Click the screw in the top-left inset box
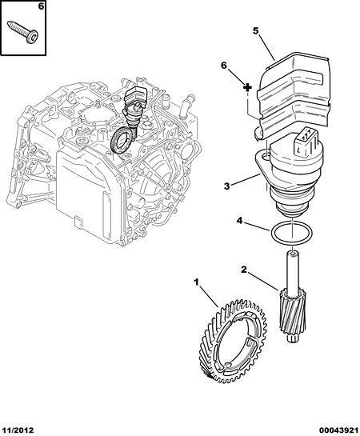23,32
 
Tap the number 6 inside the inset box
41,6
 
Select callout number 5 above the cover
256,30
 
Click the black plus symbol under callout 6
247,87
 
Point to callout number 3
227,186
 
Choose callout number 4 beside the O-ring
240,221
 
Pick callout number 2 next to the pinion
244,269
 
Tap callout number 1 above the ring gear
196,282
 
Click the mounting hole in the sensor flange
266,158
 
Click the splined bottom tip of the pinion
292,338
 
